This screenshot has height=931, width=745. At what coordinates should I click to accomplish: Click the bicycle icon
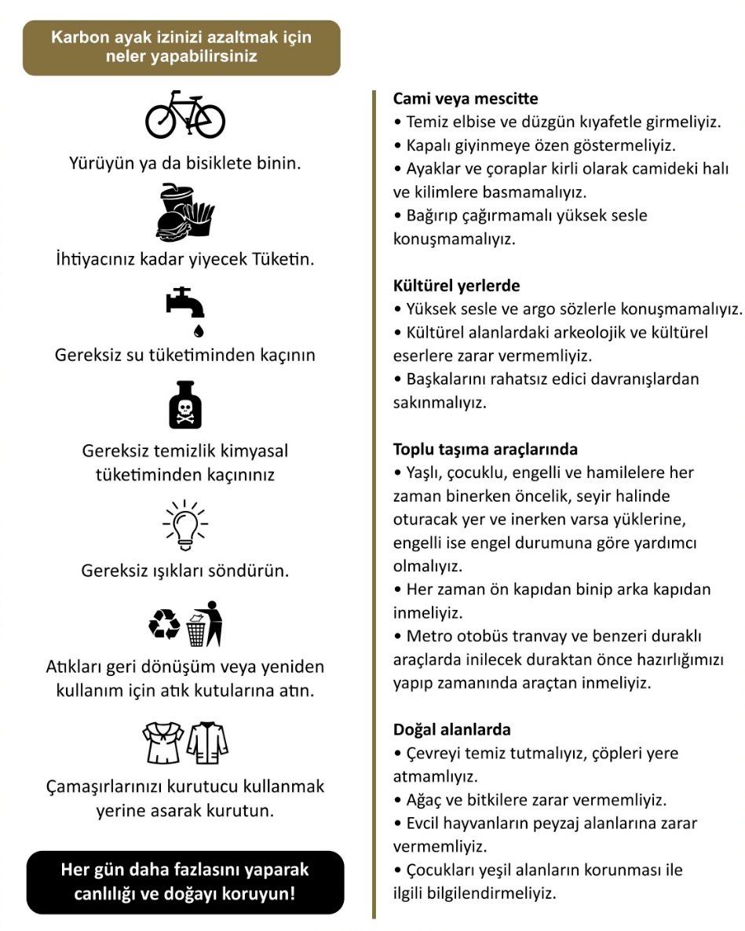tap(185, 115)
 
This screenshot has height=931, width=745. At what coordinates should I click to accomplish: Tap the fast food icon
tap(185, 210)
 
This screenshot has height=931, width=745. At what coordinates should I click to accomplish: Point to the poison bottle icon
tap(185, 404)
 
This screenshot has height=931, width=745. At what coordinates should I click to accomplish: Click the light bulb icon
tap(185, 524)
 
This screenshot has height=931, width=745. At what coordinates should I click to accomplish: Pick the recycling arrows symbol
tap(164, 625)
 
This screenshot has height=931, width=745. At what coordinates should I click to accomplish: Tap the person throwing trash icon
tap(205, 624)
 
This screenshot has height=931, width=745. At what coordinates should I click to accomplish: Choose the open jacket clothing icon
tap(207, 743)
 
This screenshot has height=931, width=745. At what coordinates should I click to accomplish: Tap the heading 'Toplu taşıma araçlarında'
tap(485, 450)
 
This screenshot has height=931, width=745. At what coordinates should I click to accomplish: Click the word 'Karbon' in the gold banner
tap(79, 38)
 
